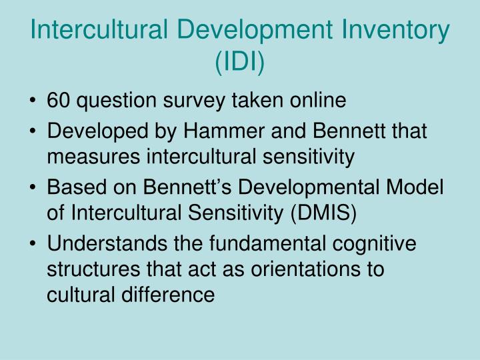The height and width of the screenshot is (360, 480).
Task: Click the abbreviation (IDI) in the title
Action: pos(240,63)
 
